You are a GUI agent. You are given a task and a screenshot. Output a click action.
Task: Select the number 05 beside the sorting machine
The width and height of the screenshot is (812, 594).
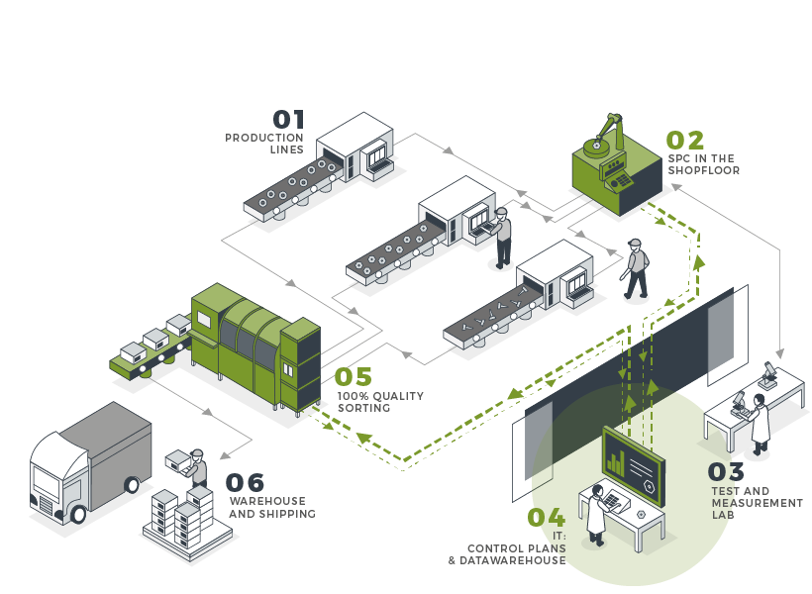click(353, 377)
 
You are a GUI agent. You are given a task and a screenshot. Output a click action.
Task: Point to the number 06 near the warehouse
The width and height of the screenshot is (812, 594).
click(245, 483)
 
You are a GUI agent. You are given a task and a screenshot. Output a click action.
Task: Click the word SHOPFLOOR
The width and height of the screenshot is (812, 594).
click(704, 170)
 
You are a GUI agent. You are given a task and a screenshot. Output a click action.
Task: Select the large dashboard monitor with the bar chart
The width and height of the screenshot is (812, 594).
click(634, 462)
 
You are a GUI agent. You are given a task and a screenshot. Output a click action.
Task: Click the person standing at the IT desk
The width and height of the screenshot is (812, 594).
click(596, 515)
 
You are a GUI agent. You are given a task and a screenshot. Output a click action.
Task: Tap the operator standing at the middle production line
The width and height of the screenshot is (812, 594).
click(503, 238)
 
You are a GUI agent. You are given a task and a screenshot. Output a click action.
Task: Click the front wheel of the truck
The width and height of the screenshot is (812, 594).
click(78, 514)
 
